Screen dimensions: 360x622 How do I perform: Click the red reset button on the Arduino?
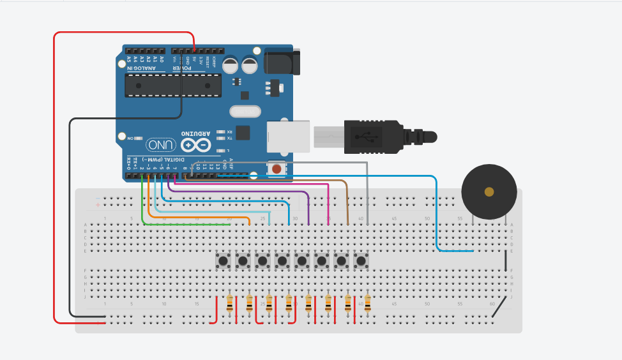(277, 169)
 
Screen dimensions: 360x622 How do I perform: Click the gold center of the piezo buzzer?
(489, 191)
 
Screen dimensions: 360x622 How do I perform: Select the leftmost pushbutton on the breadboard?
(223, 261)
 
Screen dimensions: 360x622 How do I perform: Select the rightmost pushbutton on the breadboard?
(361, 261)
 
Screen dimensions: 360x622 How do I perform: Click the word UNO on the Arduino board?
(160, 145)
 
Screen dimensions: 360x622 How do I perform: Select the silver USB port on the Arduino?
(288, 136)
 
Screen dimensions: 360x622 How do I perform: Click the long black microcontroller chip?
(172, 85)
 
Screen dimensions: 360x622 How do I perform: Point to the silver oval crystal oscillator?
(241, 112)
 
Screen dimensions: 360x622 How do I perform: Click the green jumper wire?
(142, 204)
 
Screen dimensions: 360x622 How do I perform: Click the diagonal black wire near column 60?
(501, 308)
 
